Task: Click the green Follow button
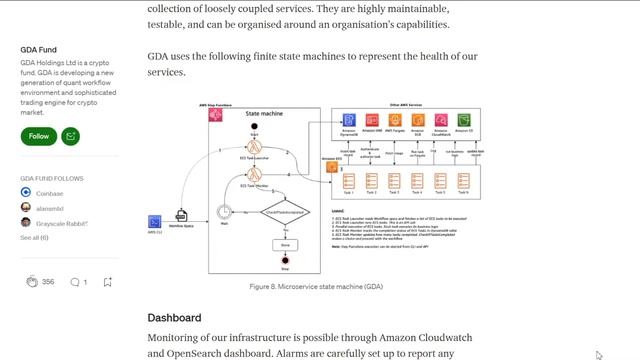click(39, 136)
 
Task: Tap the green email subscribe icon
click(70, 136)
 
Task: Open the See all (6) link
click(34, 238)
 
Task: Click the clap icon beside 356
click(32, 282)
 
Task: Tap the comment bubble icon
click(74, 282)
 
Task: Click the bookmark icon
click(108, 282)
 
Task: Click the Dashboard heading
click(174, 318)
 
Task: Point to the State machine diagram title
click(264, 114)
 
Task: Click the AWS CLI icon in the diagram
click(155, 221)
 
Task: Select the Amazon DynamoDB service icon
click(349, 120)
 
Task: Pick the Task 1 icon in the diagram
click(349, 182)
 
